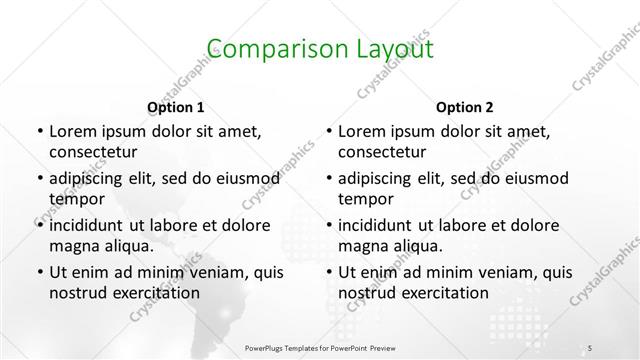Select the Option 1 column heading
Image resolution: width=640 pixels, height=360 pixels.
pyautogui.click(x=175, y=106)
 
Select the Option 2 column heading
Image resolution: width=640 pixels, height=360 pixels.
pyautogui.click(x=465, y=106)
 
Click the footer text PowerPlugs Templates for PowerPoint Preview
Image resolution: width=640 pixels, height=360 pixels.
pyautogui.click(x=320, y=349)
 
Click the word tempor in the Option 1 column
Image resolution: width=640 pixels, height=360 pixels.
pyautogui.click(x=73, y=199)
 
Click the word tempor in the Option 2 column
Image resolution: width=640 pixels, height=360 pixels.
pyautogui.click(x=363, y=199)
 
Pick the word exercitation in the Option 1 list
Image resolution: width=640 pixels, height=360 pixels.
pyautogui.click(x=155, y=293)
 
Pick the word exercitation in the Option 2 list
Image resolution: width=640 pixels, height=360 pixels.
pyautogui.click(x=445, y=293)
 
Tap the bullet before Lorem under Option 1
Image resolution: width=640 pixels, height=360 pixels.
pyautogui.click(x=39, y=131)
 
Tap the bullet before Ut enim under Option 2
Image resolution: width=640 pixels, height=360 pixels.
pyautogui.click(x=329, y=272)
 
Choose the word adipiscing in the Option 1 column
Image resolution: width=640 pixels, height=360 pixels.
pyautogui.click(x=90, y=179)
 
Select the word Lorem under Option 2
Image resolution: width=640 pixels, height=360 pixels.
pyautogui.click(x=362, y=131)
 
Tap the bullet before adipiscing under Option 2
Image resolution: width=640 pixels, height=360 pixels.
pyautogui.click(x=329, y=179)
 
